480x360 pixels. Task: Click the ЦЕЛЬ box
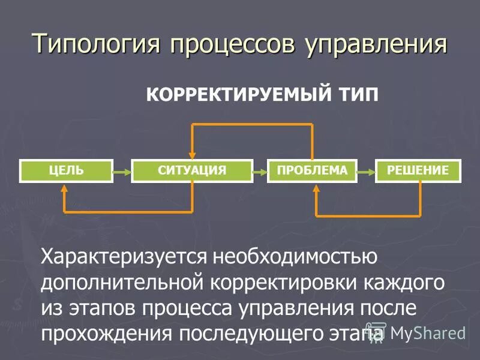click(x=67, y=171)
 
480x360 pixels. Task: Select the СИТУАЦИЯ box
click(x=192, y=171)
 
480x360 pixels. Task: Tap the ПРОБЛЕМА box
click(x=312, y=171)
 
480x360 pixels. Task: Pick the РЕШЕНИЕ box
click(x=418, y=171)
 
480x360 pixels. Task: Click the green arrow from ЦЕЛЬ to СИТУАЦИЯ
click(x=122, y=172)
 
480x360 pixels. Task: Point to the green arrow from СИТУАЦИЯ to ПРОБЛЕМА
click(x=260, y=172)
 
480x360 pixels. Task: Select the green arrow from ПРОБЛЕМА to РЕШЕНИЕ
click(x=365, y=172)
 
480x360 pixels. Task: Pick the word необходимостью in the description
click(x=295, y=257)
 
